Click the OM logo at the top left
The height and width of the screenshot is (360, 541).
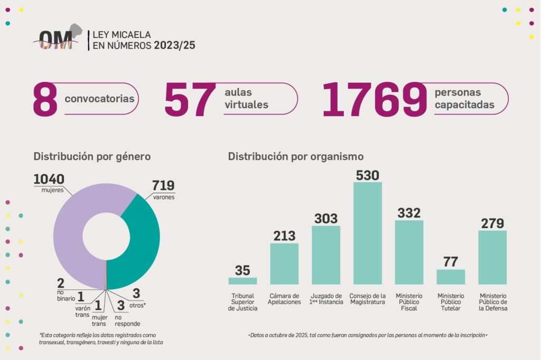click(58, 38)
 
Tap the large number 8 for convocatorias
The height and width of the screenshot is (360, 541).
click(45, 99)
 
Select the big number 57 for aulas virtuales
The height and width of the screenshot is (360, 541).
click(190, 99)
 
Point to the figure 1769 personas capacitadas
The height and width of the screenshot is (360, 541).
click(374, 99)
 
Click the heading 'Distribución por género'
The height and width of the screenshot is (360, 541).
click(92, 157)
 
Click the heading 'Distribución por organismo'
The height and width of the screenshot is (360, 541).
click(295, 157)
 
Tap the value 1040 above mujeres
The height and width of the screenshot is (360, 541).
click(49, 179)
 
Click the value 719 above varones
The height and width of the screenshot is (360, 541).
click(163, 186)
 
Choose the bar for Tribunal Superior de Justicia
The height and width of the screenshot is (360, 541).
click(242, 281)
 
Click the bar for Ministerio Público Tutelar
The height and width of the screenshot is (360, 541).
click(451, 277)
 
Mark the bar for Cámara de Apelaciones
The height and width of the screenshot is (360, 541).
click(284, 264)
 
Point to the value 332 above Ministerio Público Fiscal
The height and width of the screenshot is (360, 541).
click(409, 213)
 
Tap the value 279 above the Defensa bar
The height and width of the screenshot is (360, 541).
click(492, 223)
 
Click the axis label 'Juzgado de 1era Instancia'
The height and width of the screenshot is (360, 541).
click(326, 299)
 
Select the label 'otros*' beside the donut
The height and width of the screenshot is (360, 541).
click(138, 305)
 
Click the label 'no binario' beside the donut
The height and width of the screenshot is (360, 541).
click(67, 295)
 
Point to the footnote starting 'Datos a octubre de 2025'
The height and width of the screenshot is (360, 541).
click(367, 335)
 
